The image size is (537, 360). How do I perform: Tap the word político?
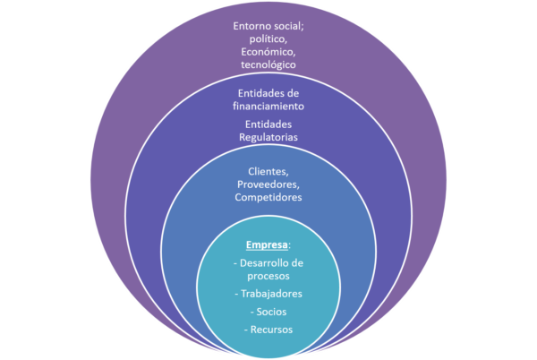coord(268,39)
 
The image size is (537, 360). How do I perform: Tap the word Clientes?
coord(267,170)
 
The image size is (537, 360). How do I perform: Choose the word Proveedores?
coord(268,184)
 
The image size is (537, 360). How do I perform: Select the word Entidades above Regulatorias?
coord(268,124)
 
